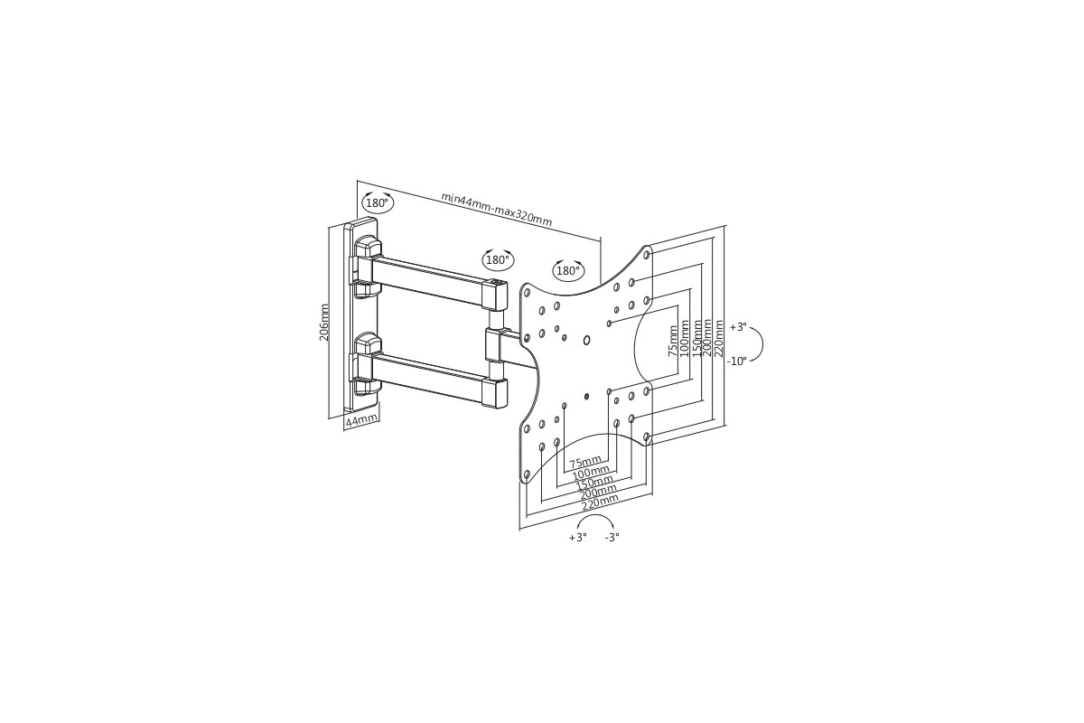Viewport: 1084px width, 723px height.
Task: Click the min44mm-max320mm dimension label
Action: [x=497, y=209]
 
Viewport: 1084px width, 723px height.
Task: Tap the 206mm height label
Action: [x=323, y=322]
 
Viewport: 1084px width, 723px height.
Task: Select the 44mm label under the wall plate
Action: [x=361, y=420]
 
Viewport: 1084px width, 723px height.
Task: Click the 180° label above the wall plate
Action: [x=378, y=203]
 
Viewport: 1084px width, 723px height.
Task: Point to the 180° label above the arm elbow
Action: [x=498, y=260]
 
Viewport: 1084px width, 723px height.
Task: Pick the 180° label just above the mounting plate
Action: [x=568, y=271]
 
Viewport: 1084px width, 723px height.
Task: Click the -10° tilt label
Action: [x=737, y=361]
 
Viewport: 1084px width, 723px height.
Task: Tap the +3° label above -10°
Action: [x=739, y=327]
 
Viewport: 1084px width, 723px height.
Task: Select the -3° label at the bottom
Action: [x=612, y=537]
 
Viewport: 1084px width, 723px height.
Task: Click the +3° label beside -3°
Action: [x=578, y=537]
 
